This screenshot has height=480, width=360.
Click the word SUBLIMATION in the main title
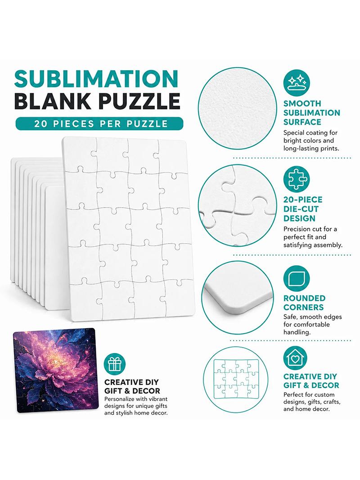point(96,79)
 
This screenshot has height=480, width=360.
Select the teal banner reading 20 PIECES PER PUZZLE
point(99,124)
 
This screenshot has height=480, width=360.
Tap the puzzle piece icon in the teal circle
point(297,179)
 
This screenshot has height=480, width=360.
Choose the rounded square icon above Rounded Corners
point(297,279)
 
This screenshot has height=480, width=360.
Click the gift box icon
point(115,364)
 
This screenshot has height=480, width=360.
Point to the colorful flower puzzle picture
point(56,370)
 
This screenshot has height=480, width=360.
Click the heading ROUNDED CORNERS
point(304,303)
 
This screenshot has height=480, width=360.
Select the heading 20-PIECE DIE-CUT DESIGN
point(303,209)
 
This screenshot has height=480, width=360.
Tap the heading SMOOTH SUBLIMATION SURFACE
point(312,113)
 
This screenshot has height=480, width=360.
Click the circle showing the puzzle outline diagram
point(235,379)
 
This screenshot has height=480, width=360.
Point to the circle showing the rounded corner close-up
point(237,297)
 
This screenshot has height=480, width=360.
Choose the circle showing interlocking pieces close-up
point(237,205)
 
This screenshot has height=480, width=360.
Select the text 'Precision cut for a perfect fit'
point(310,233)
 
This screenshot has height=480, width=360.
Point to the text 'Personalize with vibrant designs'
point(136,403)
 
